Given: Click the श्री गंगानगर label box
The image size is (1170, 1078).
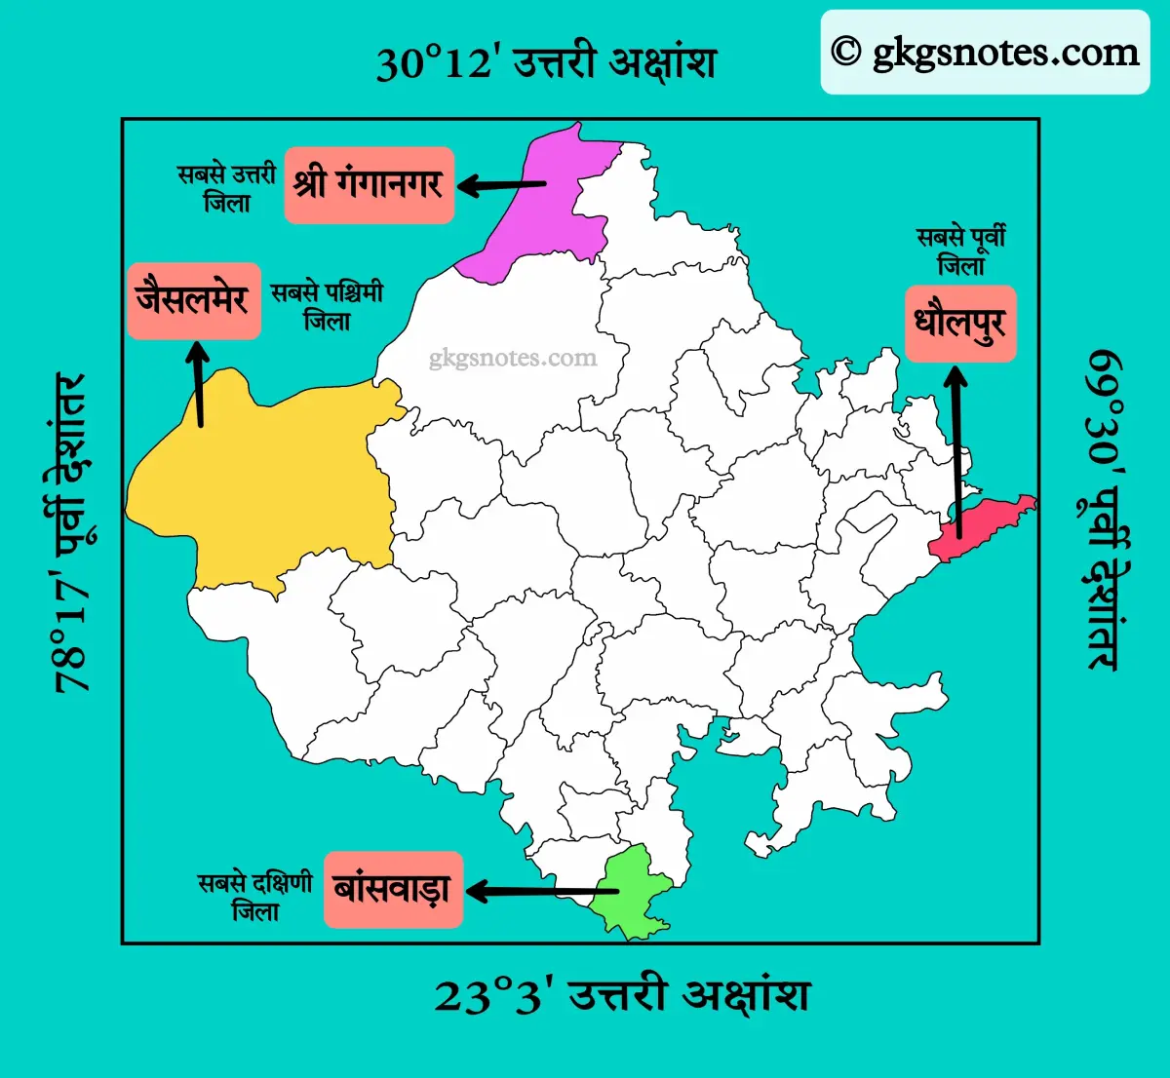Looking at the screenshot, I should pyautogui.click(x=370, y=185).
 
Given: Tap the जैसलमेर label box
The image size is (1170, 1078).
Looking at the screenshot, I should pyautogui.click(x=194, y=300).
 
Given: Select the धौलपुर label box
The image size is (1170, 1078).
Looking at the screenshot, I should pyautogui.click(x=960, y=324).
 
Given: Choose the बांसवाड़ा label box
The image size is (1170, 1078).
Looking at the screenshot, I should pyautogui.click(x=393, y=889).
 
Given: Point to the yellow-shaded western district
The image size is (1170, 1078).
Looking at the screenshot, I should pyautogui.click(x=283, y=478).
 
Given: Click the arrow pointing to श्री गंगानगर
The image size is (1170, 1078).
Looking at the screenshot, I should pyautogui.click(x=501, y=184).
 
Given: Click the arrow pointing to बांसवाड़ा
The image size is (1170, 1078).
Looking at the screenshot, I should pyautogui.click(x=541, y=891).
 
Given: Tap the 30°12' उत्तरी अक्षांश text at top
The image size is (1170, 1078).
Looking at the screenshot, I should pyautogui.click(x=546, y=63).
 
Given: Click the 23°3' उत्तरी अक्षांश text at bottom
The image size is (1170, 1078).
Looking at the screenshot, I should pyautogui.click(x=621, y=996).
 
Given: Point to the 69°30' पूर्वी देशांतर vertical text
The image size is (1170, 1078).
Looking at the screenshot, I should pyautogui.click(x=1105, y=509).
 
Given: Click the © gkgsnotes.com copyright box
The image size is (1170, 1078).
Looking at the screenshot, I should pyautogui.click(x=985, y=53).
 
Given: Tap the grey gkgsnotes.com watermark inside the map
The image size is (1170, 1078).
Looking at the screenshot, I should pyautogui.click(x=513, y=359).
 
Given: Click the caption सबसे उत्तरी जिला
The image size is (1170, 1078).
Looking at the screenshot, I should pyautogui.click(x=226, y=188).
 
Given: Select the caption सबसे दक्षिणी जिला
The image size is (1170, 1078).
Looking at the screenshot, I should pyautogui.click(x=254, y=897).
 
